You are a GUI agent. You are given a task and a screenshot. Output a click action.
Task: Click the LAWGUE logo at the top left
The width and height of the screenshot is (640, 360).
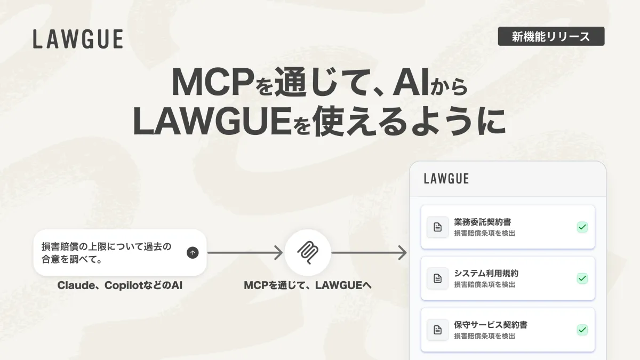[x=78, y=39]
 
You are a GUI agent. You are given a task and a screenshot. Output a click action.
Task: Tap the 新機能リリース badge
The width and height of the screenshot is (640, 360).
[x=551, y=36]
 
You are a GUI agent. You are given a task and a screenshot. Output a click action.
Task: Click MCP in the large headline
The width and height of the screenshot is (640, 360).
[x=213, y=82]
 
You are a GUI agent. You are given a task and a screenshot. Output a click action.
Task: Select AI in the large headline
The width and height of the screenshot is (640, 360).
[x=411, y=82]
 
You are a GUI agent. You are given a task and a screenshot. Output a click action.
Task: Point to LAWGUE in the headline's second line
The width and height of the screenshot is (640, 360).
[x=212, y=122]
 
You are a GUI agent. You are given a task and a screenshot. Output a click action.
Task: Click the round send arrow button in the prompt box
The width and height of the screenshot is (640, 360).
[x=193, y=253]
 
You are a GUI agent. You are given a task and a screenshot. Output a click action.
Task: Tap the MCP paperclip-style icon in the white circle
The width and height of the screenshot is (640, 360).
[x=308, y=253]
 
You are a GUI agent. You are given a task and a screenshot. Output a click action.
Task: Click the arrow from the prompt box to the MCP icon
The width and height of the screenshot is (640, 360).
[x=245, y=253]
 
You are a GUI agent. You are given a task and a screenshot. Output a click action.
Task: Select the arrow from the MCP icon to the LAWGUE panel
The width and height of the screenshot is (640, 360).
[x=369, y=253]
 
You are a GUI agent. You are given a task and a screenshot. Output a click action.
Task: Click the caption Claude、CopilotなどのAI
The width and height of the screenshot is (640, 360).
[x=119, y=285]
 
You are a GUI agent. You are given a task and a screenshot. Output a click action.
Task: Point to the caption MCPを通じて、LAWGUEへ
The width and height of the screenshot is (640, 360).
[x=308, y=285]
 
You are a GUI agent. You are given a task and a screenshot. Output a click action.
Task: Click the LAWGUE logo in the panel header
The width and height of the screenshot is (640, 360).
[x=446, y=179]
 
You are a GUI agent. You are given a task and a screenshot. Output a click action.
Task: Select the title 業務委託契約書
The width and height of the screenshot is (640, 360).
[x=483, y=222]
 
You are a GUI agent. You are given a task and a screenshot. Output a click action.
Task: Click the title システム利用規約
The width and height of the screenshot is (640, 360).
[x=486, y=274]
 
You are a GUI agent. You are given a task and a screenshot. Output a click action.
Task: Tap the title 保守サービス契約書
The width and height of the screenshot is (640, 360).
[x=491, y=325]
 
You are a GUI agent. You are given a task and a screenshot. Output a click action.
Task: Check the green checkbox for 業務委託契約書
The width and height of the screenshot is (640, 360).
[x=582, y=227]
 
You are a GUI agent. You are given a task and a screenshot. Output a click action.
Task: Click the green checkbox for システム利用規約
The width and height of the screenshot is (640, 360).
[x=582, y=278]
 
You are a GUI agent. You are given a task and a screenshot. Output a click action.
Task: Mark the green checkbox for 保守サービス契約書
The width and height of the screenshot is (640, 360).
[x=582, y=330]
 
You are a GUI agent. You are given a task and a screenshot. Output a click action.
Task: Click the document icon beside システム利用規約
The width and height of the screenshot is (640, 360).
[x=437, y=278]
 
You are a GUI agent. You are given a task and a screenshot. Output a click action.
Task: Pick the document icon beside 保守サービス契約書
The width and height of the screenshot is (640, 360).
[x=437, y=330]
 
